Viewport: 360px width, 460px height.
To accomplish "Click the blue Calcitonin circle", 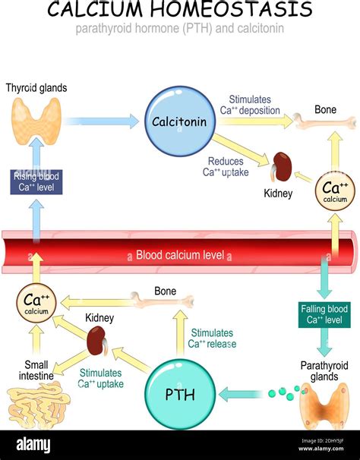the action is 180,121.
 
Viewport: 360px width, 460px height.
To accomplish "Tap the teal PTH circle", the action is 180,394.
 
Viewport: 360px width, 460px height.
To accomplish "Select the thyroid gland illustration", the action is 36,121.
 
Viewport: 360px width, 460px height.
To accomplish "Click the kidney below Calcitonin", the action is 282,166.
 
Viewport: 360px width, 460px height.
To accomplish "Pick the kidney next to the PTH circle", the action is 97,341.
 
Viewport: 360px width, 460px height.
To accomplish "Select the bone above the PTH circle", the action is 163,301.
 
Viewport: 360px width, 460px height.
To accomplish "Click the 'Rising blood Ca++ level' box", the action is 36,182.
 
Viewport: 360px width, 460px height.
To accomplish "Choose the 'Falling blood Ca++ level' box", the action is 324,314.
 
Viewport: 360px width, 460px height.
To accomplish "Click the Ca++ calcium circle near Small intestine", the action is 36,303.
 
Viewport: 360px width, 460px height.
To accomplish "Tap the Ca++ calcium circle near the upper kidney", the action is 335,191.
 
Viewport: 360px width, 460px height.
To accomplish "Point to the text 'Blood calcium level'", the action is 180,255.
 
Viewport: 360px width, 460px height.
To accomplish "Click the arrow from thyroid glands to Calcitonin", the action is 102,121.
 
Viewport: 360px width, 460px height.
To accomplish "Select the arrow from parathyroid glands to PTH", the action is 241,394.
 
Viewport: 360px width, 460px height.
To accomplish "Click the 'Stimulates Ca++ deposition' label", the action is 250,105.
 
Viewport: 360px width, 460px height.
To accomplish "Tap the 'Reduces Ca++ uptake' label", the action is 226,167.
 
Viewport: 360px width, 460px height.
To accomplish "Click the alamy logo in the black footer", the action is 33,445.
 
